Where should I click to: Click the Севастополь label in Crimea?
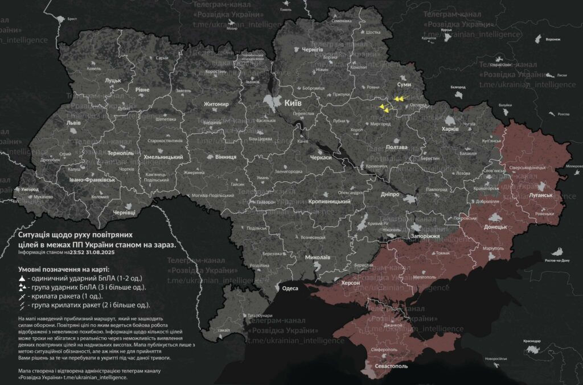391,366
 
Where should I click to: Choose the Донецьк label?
495,227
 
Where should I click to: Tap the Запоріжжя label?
425,235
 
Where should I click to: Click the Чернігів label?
312,50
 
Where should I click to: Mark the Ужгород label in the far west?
28,189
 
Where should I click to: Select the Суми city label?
404,84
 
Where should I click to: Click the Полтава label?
396,147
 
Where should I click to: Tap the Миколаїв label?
318,257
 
